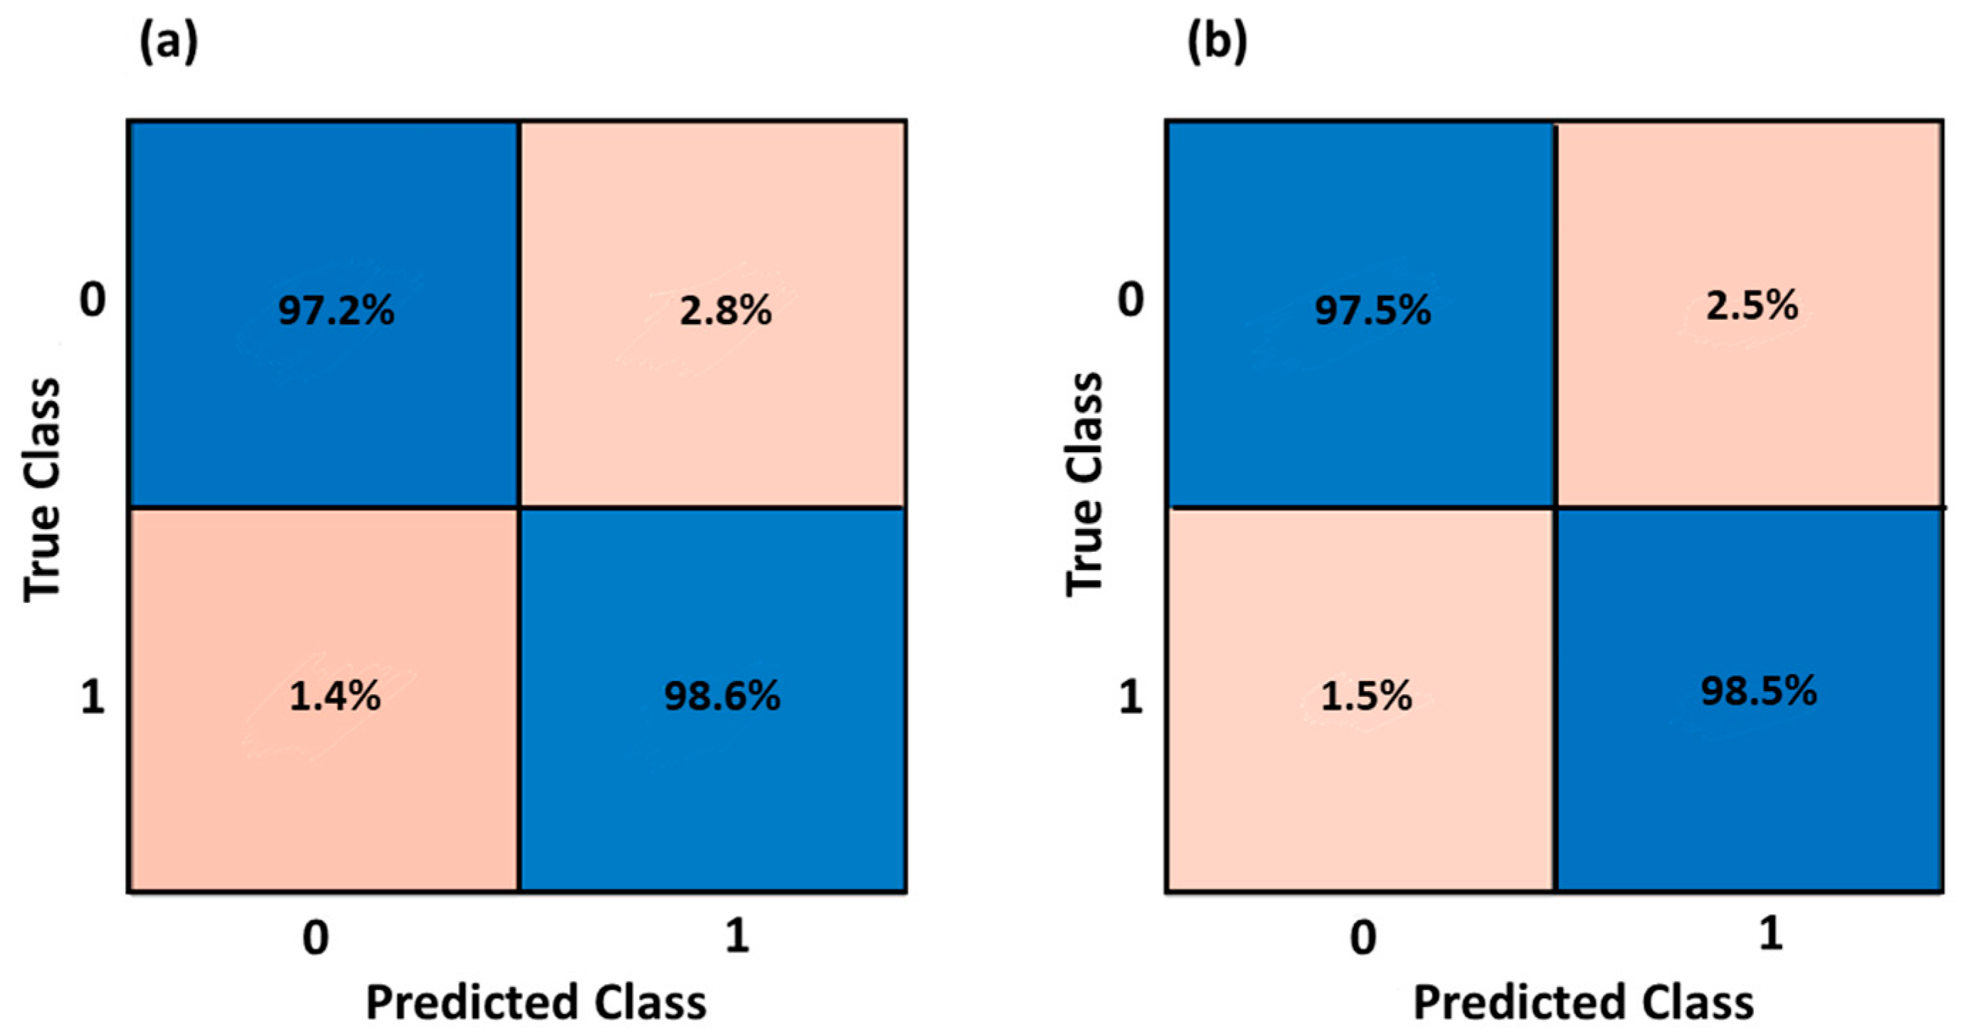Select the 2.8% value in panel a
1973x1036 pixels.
tap(725, 311)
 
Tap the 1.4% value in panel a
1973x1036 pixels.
tap(334, 697)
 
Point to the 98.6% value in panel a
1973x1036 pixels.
tap(721, 697)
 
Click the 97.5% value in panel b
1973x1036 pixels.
tap(1372, 311)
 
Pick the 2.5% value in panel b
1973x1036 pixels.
tap(1752, 306)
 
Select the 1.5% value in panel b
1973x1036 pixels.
tap(1366, 697)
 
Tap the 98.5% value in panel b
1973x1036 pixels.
tap(1759, 691)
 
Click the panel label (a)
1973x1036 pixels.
tap(169, 43)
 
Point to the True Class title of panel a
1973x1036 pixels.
tap(41, 490)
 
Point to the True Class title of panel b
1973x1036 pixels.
tap(1084, 484)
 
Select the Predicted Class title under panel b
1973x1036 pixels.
tap(1583, 1003)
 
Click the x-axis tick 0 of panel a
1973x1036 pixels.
tap(316, 938)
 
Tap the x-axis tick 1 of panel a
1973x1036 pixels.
tap(737, 935)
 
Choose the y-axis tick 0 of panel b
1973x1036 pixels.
tap(1131, 299)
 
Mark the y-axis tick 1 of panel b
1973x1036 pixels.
tap(1131, 698)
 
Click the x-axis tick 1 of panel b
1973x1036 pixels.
tap(1770, 934)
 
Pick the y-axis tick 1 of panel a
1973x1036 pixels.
tap(92, 698)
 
